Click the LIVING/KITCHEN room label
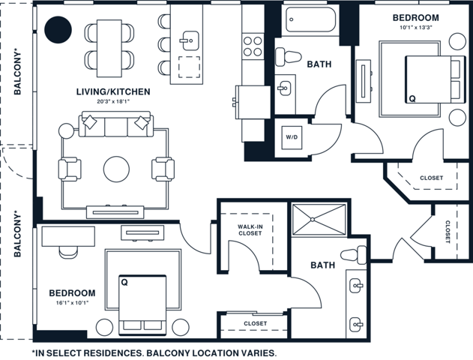point(113,91)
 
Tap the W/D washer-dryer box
point(291,137)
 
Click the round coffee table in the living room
point(116,169)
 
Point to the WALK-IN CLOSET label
point(250,229)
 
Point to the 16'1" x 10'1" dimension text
point(72,304)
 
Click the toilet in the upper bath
point(287,56)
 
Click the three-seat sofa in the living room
point(116,124)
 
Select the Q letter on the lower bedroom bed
point(124,283)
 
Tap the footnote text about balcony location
point(155,352)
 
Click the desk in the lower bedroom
point(68,235)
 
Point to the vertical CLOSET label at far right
point(448,232)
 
